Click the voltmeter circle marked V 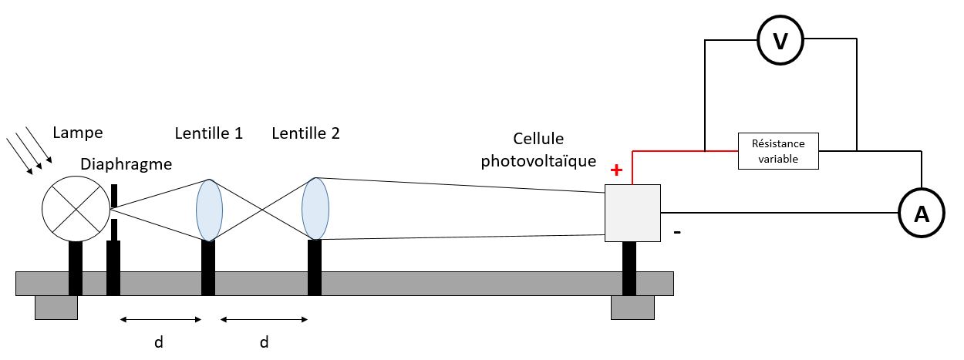[x=780, y=41]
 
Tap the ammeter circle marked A [x=921, y=214]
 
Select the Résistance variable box [x=778, y=151]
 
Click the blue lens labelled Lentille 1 [x=209, y=210]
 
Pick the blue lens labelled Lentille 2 [x=315, y=208]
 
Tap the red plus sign [x=616, y=170]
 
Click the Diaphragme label [x=126, y=164]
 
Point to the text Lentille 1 [x=209, y=133]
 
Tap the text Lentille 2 [x=305, y=133]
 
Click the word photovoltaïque [x=538, y=161]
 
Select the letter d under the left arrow [x=159, y=341]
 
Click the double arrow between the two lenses [x=264, y=318]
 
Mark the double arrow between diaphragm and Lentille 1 [x=160, y=318]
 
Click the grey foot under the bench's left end [x=56, y=307]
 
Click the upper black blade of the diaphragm [x=113, y=196]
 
